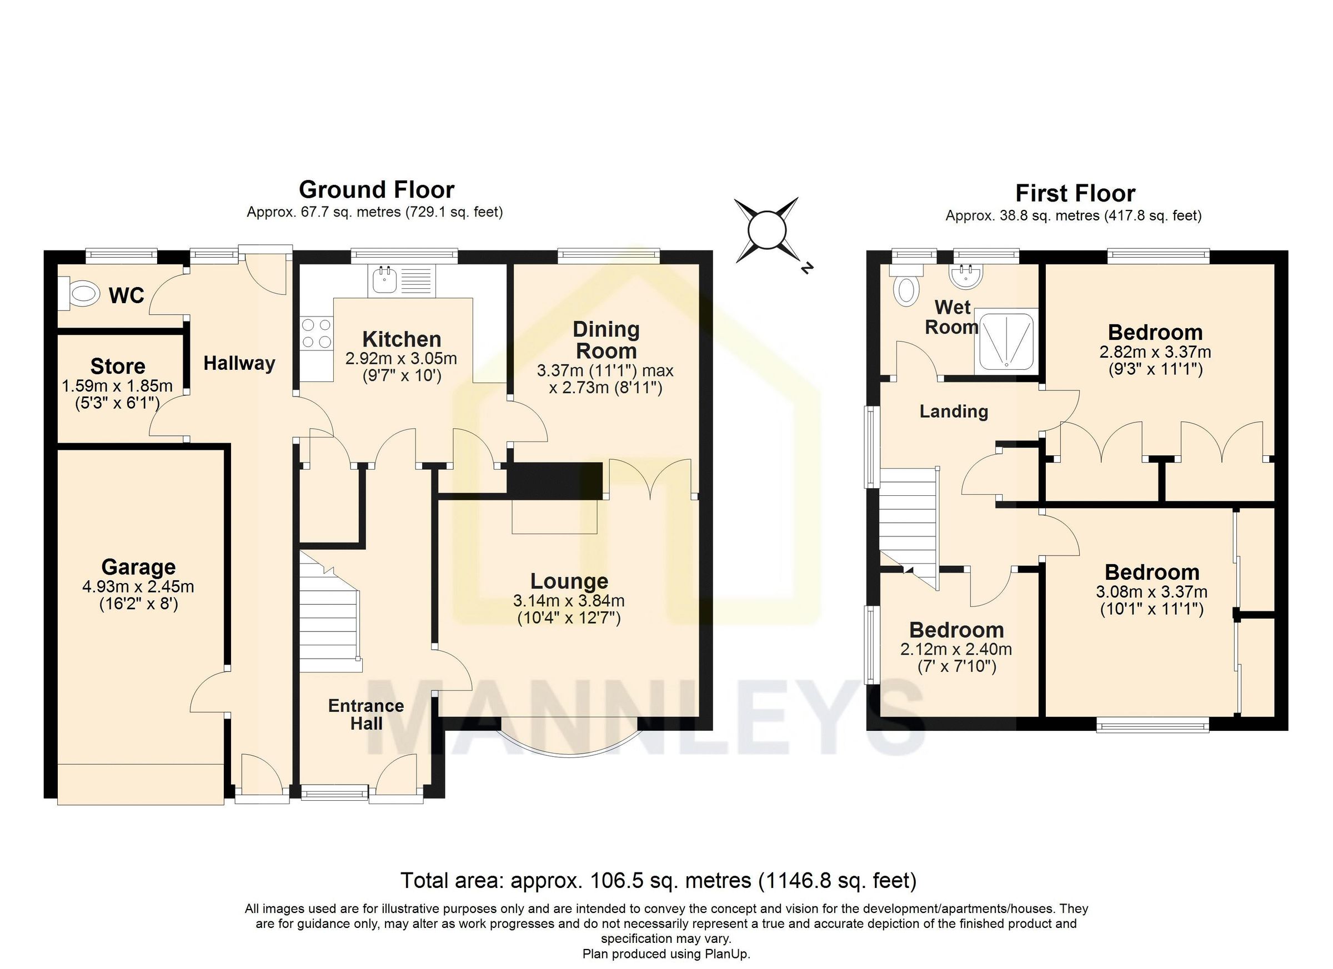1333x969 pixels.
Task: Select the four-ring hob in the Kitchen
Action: [x=315, y=333]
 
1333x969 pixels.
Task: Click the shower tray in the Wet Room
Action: [x=1006, y=342]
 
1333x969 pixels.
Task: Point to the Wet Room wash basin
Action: [x=966, y=276]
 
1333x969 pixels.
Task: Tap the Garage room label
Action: [x=138, y=567]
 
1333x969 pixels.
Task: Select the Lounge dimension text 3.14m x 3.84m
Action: [x=568, y=600]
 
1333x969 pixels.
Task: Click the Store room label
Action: [x=118, y=366]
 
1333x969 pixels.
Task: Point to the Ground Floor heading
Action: [x=376, y=189]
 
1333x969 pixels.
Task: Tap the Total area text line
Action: [x=658, y=880]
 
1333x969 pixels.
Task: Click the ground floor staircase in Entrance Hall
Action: [x=330, y=617]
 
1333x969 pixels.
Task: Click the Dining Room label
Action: [x=605, y=340]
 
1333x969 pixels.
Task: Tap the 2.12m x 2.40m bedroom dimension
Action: [x=956, y=649]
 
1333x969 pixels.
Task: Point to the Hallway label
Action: [x=239, y=363]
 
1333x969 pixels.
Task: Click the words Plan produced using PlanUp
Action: [x=666, y=953]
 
